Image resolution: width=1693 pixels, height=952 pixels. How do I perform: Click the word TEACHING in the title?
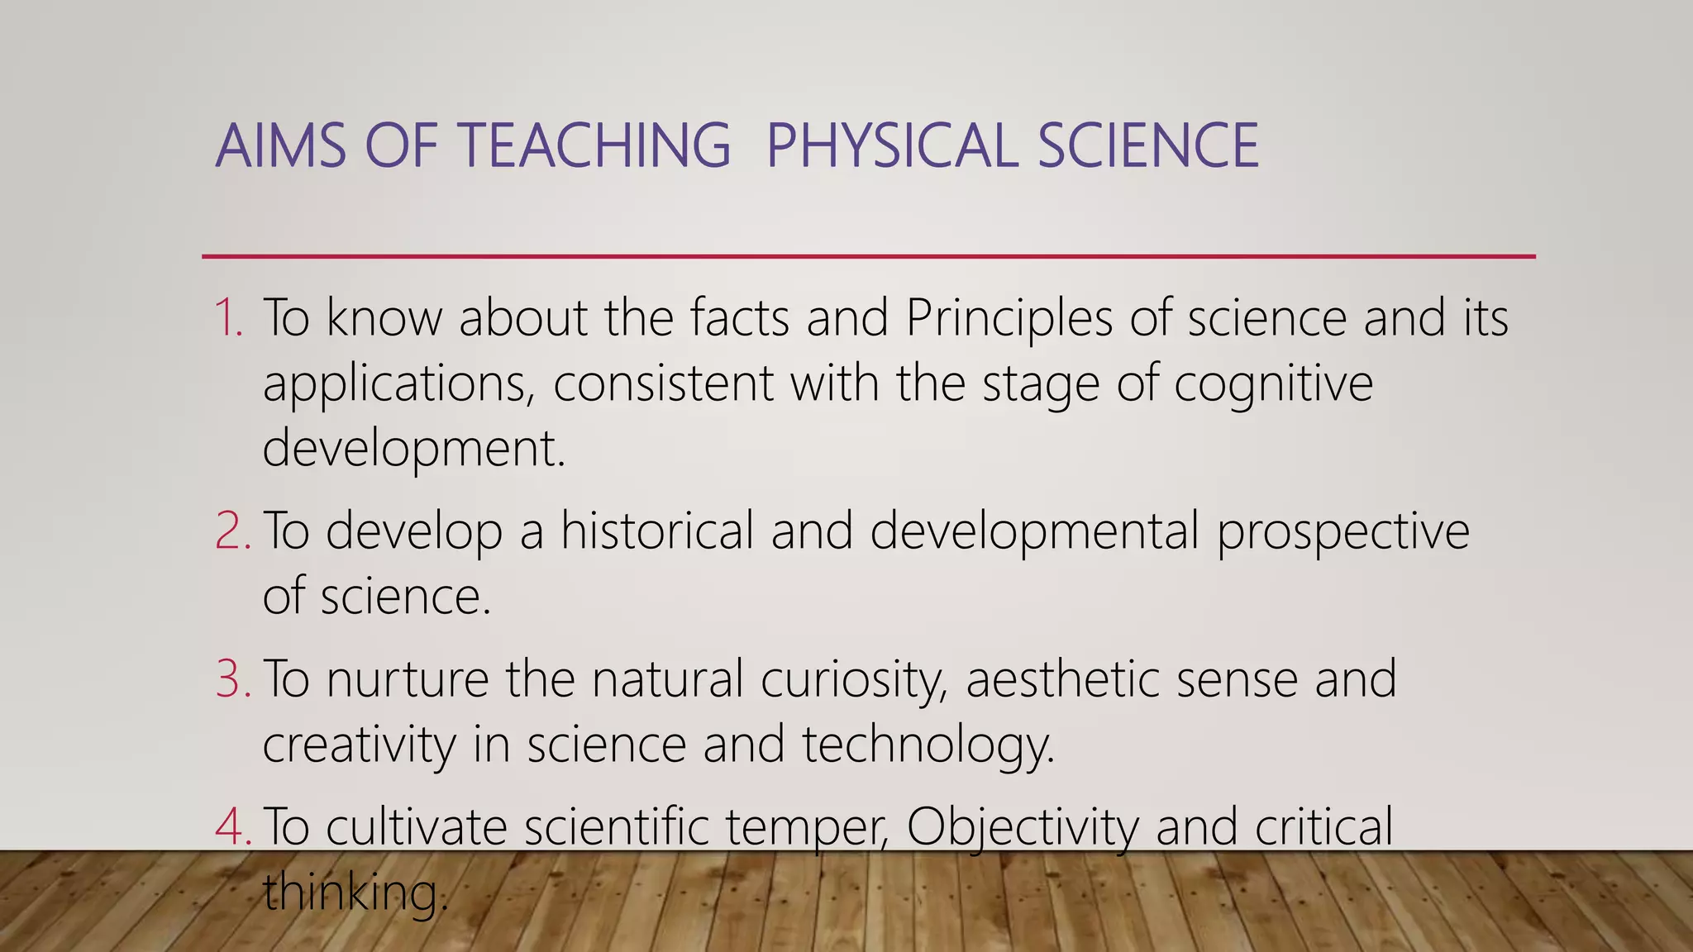[x=594, y=146]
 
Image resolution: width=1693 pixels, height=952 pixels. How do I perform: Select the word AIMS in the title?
[x=280, y=146]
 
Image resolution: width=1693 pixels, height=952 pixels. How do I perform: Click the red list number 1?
[x=227, y=317]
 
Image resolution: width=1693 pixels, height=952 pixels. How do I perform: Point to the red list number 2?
[x=231, y=531]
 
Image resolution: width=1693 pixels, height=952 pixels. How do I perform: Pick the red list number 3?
[x=231, y=679]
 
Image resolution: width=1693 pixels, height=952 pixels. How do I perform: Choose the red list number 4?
[x=231, y=826]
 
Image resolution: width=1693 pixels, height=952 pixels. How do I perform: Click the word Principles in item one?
[x=1009, y=319]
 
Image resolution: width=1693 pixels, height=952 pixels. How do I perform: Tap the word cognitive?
[x=1273, y=385]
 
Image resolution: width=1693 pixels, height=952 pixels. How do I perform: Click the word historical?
[x=657, y=531]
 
